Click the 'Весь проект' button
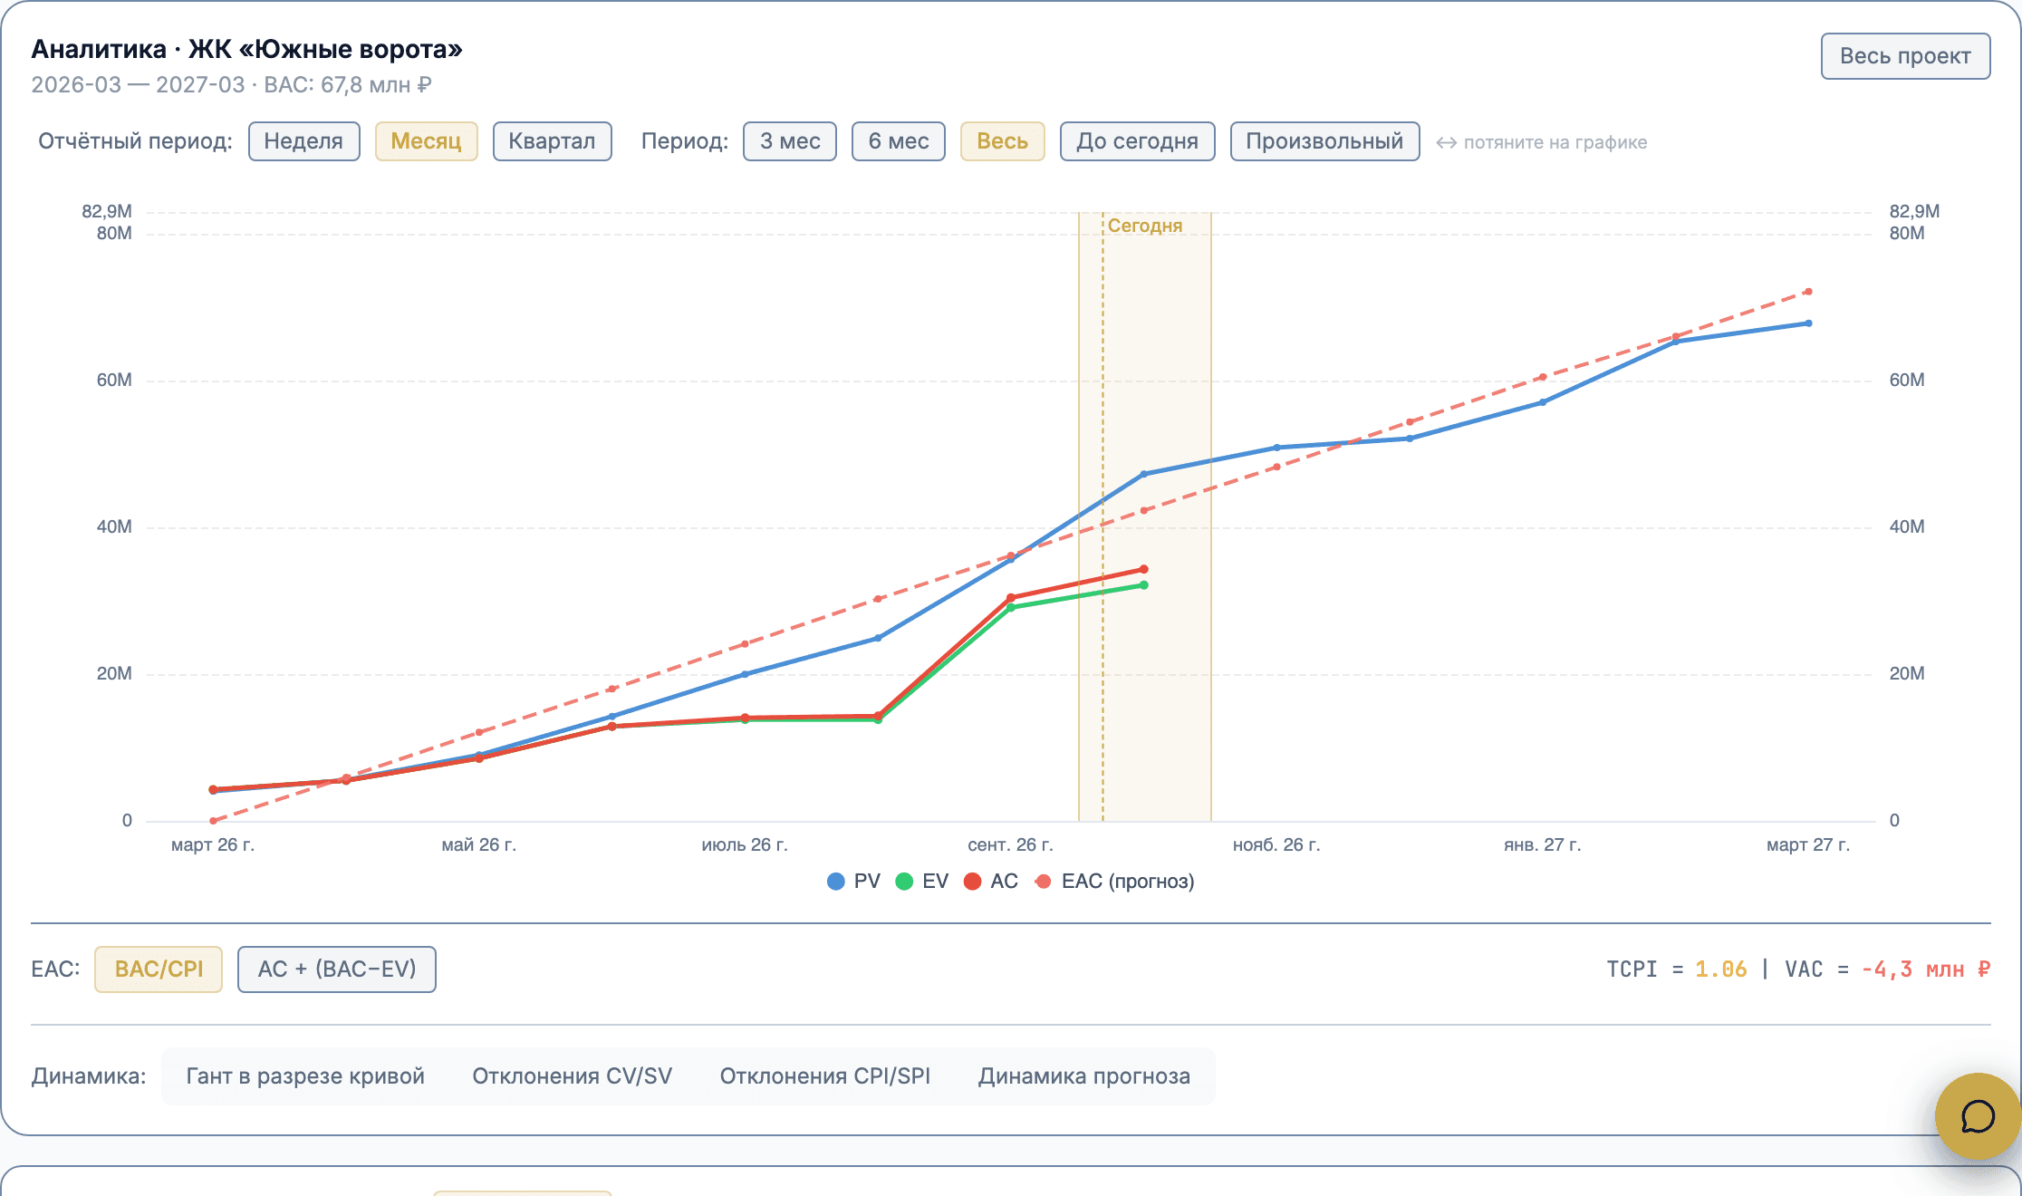[x=1905, y=56]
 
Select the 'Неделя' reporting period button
[x=303, y=141]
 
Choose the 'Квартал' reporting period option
[x=552, y=141]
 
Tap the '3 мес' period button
[x=790, y=141]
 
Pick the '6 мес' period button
[x=899, y=141]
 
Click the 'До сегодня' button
[x=1137, y=141]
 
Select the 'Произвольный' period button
[x=1324, y=141]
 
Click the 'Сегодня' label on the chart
[x=1145, y=226]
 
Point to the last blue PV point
[x=1808, y=323]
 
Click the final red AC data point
[x=1144, y=570]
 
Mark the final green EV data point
[x=1144, y=585]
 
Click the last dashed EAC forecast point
[x=1808, y=292]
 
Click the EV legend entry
[x=922, y=882]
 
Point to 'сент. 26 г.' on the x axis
[x=1010, y=845]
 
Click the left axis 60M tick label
[x=114, y=381]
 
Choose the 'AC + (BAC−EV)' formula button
[x=337, y=969]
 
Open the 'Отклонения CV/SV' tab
[x=573, y=1076]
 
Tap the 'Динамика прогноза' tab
[x=1084, y=1076]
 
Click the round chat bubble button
[x=1978, y=1116]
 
